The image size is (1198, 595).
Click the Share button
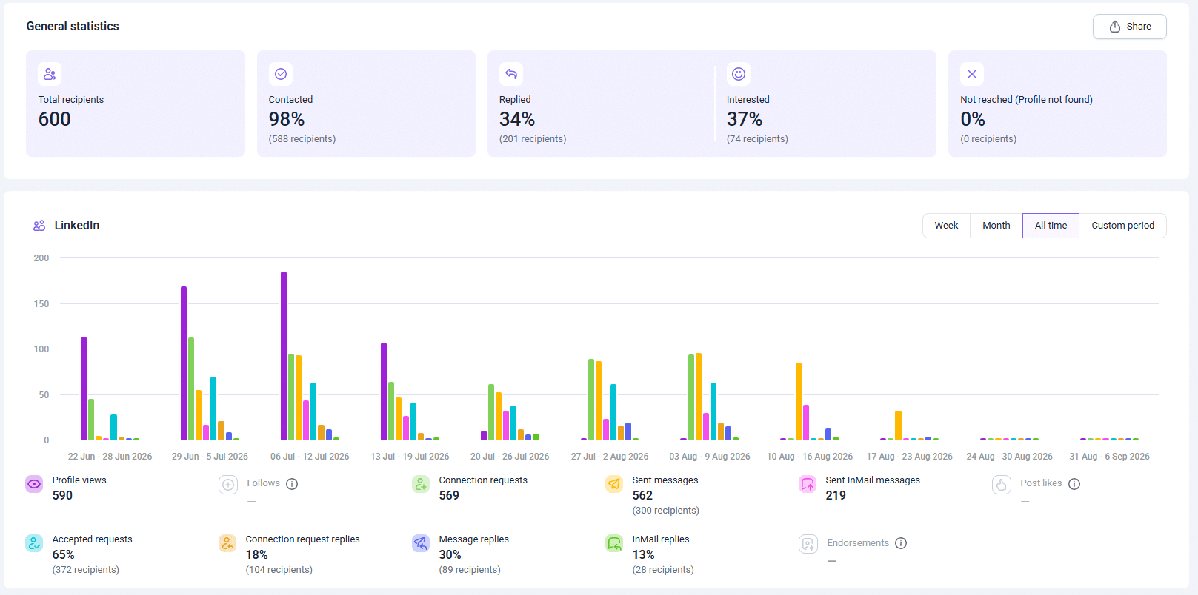click(1130, 27)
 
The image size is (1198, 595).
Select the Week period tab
click(946, 226)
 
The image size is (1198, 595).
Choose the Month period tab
click(996, 226)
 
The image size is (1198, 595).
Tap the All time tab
click(1051, 226)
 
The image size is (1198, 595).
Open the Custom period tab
click(1122, 226)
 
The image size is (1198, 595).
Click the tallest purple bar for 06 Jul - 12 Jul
click(284, 356)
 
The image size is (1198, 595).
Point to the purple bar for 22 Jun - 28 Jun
click(84, 389)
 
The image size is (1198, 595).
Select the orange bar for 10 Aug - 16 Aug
click(799, 401)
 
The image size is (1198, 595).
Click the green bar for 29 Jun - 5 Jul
click(191, 389)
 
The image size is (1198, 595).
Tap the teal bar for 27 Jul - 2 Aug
click(613, 411)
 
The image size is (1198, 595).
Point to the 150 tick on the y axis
click(41, 304)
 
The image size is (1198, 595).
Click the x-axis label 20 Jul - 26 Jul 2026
click(510, 457)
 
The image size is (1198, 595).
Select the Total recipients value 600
click(55, 119)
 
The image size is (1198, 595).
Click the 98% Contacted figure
click(287, 119)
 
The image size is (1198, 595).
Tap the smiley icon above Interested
click(739, 74)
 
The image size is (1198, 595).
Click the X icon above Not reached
click(972, 74)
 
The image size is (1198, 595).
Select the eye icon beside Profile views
click(34, 485)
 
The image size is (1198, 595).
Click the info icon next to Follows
click(291, 484)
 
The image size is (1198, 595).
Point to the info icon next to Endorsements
click(901, 543)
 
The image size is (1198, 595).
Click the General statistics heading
click(73, 26)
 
